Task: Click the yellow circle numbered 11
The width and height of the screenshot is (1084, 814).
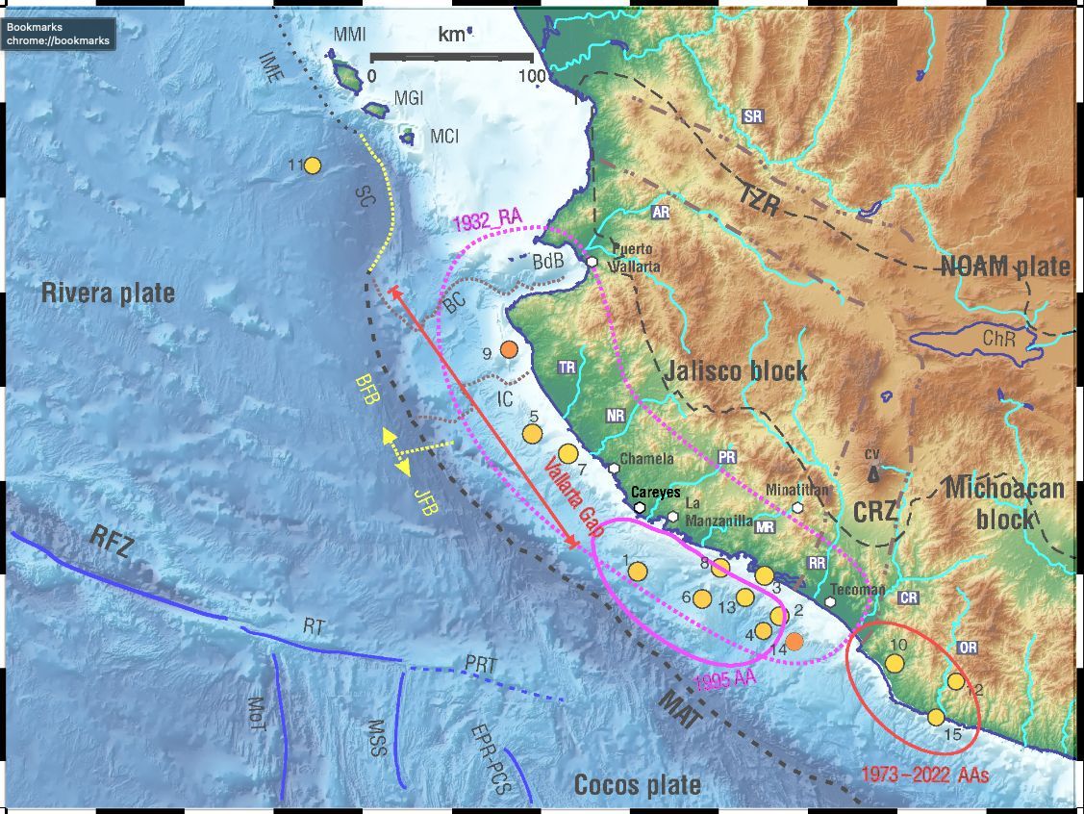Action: coord(313,165)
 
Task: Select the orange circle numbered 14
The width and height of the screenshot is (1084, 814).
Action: coord(794,641)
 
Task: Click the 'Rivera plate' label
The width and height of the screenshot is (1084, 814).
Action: coord(108,293)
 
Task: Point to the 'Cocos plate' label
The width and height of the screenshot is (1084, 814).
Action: coord(638,784)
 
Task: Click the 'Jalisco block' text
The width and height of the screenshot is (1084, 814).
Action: coord(737,371)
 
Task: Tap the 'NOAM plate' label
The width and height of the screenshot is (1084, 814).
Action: coord(1005,267)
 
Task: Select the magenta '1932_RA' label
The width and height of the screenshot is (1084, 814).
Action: coord(487,218)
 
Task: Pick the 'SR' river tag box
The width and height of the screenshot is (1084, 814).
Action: coord(753,116)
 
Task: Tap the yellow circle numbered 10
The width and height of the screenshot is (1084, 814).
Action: coord(895,663)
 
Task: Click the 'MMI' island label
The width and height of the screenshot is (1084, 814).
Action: coord(350,36)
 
